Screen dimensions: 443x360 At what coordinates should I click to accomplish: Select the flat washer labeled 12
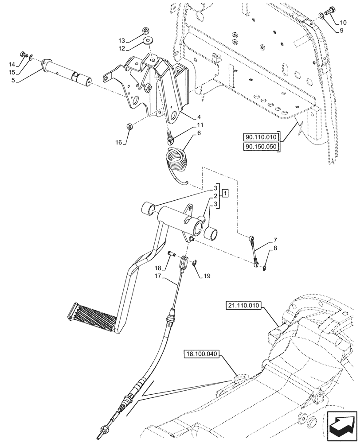pos(146,41)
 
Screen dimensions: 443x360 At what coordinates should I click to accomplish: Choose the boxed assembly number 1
pos(226,193)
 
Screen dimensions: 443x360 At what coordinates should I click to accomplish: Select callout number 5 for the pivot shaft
pos(13,80)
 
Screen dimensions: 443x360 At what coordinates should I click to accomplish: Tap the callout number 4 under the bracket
pos(193,117)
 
